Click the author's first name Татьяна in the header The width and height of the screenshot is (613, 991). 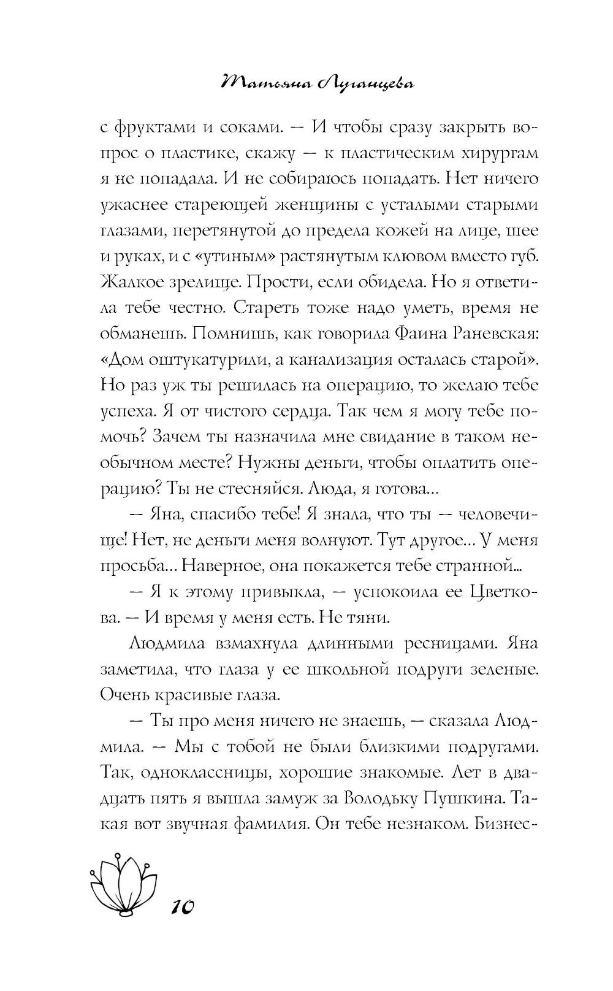coord(262,83)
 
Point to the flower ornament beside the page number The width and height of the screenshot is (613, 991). coord(123,881)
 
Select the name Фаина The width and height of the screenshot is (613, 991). coord(392,334)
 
